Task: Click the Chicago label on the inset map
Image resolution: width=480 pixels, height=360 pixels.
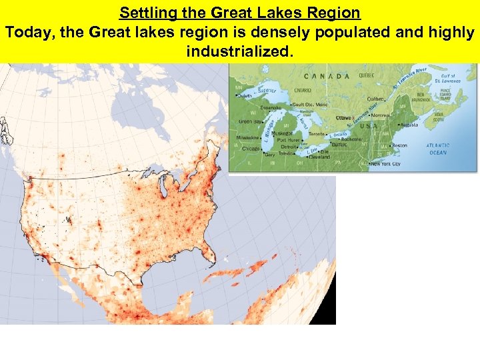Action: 251,148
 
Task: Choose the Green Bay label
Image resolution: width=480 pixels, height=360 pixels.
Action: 251,121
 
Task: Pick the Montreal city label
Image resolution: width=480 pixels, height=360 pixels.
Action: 383,115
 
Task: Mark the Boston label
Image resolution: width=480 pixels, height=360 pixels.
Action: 399,145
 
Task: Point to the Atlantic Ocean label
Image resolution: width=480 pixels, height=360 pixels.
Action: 439,149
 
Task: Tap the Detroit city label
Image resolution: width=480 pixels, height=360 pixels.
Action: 289,147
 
